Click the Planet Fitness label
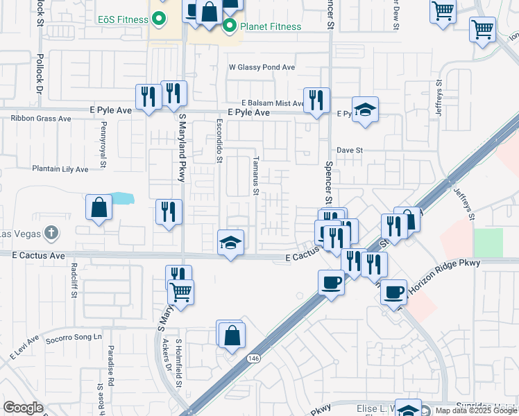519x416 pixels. tap(271, 27)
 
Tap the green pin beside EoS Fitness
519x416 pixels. tap(159, 19)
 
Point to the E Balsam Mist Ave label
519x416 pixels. tap(273, 103)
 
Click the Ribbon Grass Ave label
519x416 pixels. tap(41, 119)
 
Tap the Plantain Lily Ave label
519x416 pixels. tap(60, 168)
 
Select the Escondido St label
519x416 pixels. tap(219, 145)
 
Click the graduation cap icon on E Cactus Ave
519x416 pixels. tap(231, 243)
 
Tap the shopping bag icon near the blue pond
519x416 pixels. tap(99, 207)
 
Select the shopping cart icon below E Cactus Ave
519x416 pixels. tap(180, 291)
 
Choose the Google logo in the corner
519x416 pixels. tap(23, 408)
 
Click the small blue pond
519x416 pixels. tap(121, 198)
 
